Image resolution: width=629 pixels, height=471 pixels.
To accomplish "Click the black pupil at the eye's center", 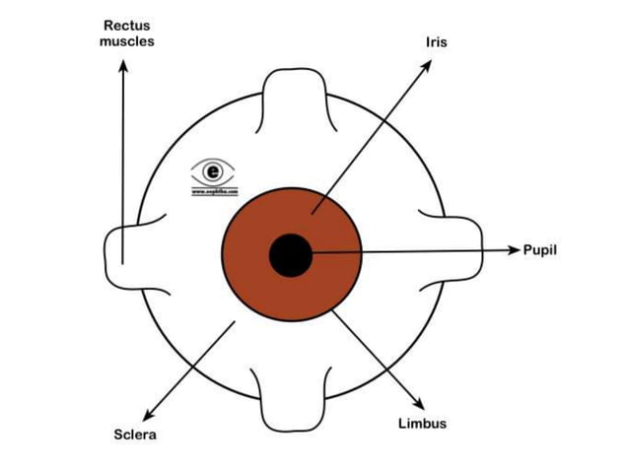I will (x=291, y=256).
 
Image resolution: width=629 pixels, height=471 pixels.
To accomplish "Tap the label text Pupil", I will (x=540, y=251).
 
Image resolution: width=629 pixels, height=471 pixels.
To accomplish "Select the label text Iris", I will (x=436, y=42).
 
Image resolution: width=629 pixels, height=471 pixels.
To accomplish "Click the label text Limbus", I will (x=422, y=424).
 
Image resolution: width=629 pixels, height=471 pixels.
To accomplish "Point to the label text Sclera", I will (x=134, y=435).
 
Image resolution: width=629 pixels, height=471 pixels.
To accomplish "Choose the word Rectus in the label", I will (x=127, y=26).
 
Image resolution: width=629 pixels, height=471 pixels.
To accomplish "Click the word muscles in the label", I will (x=127, y=41).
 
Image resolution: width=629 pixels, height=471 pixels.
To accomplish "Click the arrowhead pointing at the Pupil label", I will (x=514, y=251).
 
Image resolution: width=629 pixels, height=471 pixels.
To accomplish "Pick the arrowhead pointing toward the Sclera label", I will (x=149, y=415).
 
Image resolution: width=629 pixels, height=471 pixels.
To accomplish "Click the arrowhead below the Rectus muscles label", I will (x=123, y=65).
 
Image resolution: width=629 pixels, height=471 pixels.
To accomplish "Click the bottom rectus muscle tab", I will (x=291, y=399).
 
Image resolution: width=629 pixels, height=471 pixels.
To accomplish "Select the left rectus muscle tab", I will (x=128, y=252).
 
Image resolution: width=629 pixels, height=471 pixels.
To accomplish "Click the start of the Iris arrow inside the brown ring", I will (x=312, y=212).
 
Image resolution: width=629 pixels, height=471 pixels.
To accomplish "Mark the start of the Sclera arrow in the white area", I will (x=235, y=321).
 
